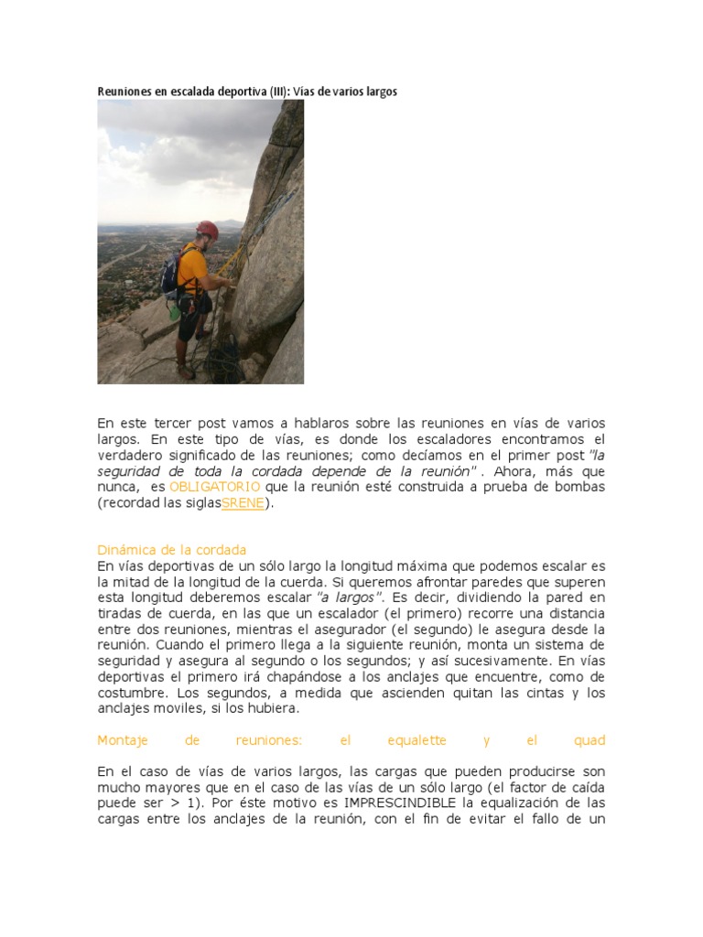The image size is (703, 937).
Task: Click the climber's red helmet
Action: pos(208,229)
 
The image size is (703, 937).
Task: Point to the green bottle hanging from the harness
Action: pos(174,311)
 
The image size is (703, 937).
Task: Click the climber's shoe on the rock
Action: pos(187,372)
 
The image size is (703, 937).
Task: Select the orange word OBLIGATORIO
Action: pos(215,486)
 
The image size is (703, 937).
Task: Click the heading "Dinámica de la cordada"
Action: pos(171,549)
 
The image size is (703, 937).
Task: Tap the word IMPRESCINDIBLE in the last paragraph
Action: pos(398,803)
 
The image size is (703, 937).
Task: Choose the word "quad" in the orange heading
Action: pos(589,740)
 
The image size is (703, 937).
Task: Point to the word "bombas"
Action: pos(581,486)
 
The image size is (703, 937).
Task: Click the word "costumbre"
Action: pos(132,693)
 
